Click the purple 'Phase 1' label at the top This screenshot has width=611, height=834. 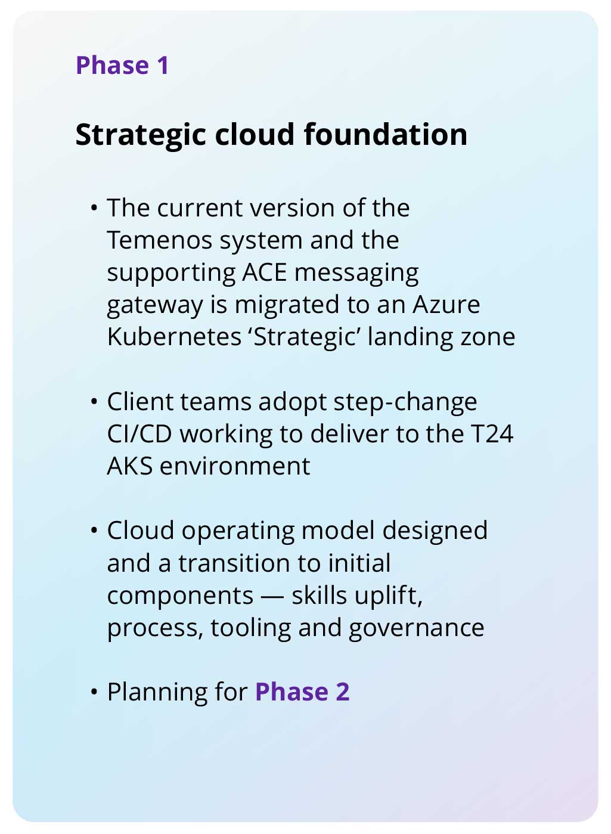tap(122, 65)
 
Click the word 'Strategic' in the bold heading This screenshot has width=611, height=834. tap(141, 135)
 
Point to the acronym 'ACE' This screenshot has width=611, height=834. tap(265, 272)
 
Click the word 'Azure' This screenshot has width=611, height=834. tap(446, 305)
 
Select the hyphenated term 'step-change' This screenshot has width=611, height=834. tap(405, 402)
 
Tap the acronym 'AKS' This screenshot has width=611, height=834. tap(129, 466)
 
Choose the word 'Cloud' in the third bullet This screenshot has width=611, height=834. tap(140, 531)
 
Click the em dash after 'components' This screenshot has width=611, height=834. tap(272, 596)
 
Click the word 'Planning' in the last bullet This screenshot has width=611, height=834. tap(157, 692)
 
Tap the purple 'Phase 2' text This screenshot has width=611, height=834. tap(302, 692)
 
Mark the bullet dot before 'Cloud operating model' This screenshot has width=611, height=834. tap(94, 531)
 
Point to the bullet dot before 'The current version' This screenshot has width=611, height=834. tap(94, 208)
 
